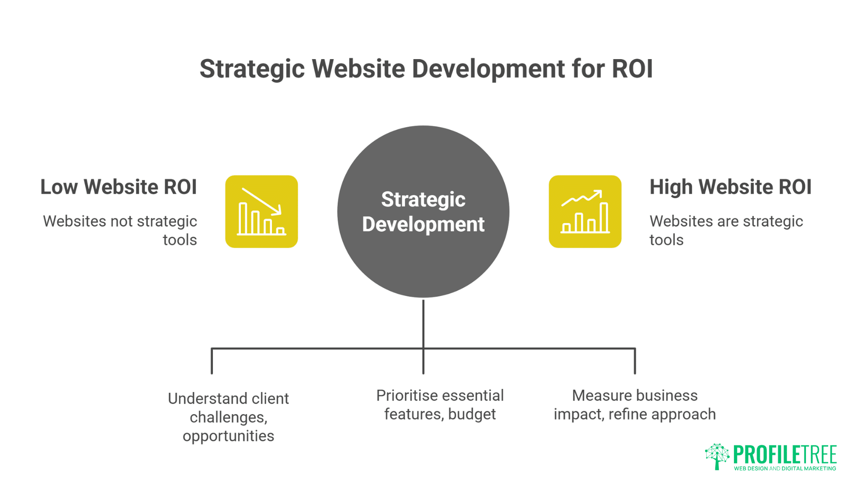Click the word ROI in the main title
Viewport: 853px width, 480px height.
pos(632,69)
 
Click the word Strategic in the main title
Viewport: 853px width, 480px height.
pos(252,69)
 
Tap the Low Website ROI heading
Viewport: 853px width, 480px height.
pos(119,187)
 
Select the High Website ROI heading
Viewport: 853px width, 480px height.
pos(730,187)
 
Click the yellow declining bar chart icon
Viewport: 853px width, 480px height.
pos(262,212)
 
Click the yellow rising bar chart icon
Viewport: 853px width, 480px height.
pos(585,212)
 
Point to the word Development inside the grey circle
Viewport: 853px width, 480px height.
pos(423,224)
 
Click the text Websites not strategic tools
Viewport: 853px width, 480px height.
pos(120,230)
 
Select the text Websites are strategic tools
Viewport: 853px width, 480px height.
pos(726,230)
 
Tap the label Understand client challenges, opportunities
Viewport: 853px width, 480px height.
pos(228,417)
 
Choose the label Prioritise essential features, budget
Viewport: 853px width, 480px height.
pos(440,404)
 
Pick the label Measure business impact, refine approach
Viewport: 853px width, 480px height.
pos(634,404)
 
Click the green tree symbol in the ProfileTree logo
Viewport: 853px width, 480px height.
pos(717,456)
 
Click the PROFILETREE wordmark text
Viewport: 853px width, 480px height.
pos(785,454)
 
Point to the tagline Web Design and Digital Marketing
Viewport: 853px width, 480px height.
pos(785,468)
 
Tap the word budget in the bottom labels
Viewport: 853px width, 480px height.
pos(472,414)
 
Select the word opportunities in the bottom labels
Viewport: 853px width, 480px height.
pos(228,436)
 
